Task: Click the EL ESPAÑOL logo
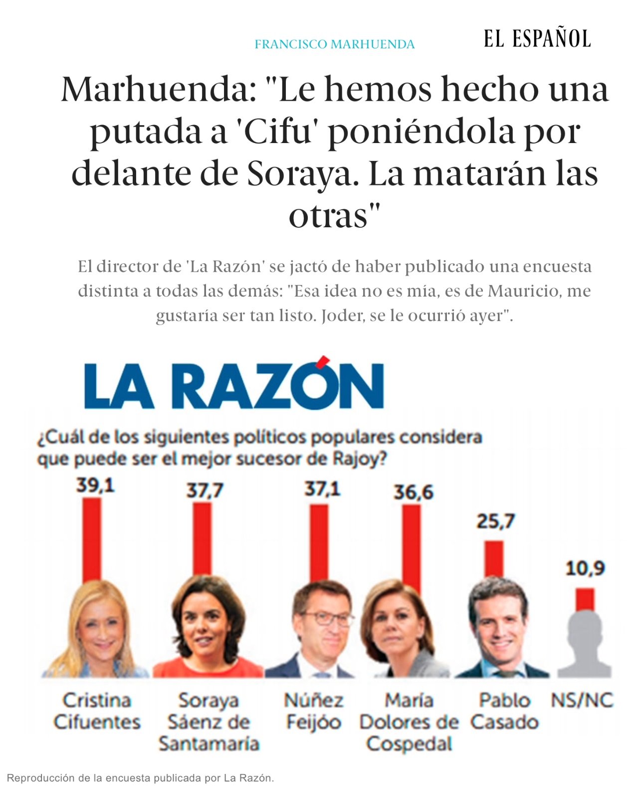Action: pos(537,39)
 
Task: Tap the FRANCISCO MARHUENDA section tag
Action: pos(334,44)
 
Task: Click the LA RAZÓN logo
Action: pos(234,385)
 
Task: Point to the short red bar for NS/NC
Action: pos(585,599)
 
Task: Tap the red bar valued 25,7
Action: pos(494,559)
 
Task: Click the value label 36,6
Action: pos(413,492)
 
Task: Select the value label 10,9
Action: pos(585,568)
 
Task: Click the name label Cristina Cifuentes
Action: pos(97,711)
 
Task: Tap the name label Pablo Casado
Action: pos(504,711)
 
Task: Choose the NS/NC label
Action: pos(582,700)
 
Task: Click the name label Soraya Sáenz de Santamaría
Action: pos(209,722)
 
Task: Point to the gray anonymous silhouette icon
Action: pos(584,643)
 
